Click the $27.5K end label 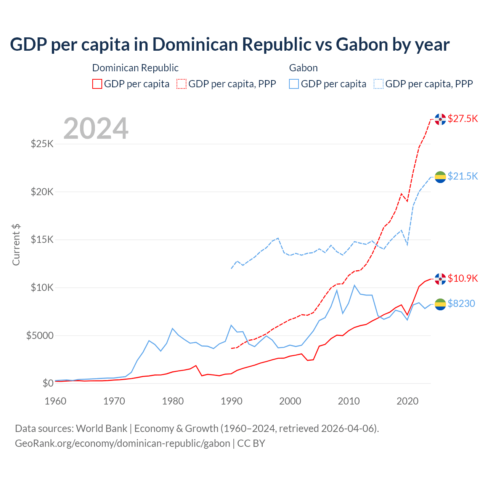coord(462,119)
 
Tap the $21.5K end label coord(462,176)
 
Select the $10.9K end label coord(462,278)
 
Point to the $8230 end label coord(461,303)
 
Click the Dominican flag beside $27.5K coord(440,119)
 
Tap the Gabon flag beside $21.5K coord(440,177)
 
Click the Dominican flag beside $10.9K coord(440,279)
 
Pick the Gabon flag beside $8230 coord(440,304)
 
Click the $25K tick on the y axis coord(42,144)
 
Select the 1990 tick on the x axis coord(231,401)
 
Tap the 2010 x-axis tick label coord(349,401)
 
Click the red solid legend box coord(97,84)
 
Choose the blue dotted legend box coord(379,84)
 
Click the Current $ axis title coord(16,245)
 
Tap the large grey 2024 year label coord(96,128)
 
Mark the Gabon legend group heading coord(303,68)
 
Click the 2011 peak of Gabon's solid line coord(355,285)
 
